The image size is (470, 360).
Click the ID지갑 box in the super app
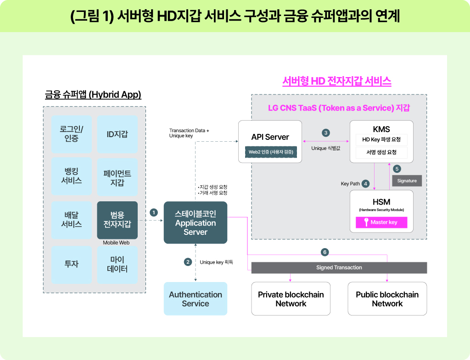tap(117, 134)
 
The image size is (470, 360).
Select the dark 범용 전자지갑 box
tap(117, 220)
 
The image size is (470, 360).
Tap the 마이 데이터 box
tap(117, 265)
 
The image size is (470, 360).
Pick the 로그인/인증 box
tap(71, 134)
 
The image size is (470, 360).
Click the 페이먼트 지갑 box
tap(117, 177)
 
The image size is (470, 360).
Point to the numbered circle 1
tap(154, 212)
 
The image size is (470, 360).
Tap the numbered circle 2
tap(188, 262)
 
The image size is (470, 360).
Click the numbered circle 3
tap(326, 133)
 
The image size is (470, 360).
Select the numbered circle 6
tap(325, 252)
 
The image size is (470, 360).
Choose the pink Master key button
tap(381, 222)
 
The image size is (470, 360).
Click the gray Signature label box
tap(407, 181)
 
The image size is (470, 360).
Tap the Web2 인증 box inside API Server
tap(271, 152)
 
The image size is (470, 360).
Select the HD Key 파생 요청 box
tap(381, 139)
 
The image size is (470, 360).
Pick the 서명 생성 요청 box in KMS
tap(381, 152)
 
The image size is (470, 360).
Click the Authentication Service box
tap(196, 299)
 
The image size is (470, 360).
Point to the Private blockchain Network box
tap(291, 299)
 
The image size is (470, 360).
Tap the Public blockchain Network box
tap(387, 299)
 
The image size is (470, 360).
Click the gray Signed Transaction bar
tap(339, 267)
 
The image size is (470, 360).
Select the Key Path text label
tap(350, 183)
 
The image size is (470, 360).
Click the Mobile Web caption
tap(117, 243)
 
